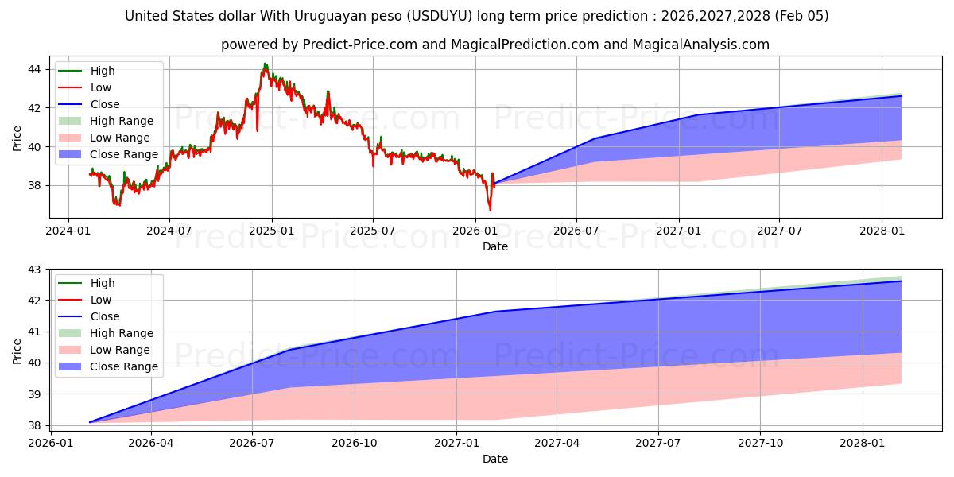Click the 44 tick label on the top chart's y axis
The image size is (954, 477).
pyautogui.click(x=34, y=69)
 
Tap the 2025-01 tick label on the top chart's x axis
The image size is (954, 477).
pyautogui.click(x=271, y=231)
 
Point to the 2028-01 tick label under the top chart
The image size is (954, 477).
pyautogui.click(x=881, y=231)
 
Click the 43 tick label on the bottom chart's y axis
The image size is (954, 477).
pyautogui.click(x=34, y=270)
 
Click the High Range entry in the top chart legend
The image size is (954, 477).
pyautogui.click(x=122, y=121)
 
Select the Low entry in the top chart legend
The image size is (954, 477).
pyautogui.click(x=101, y=87)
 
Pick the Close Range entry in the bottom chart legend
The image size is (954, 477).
pyautogui.click(x=124, y=366)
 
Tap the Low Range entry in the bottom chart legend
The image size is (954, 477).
pyautogui.click(x=120, y=350)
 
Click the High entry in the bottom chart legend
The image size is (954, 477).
pyautogui.click(x=103, y=283)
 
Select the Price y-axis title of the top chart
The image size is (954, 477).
pyautogui.click(x=17, y=138)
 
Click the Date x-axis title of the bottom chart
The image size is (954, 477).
pyautogui.click(x=495, y=459)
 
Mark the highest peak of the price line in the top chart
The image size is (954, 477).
pyautogui.click(x=265, y=64)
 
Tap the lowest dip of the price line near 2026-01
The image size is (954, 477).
pyautogui.click(x=490, y=211)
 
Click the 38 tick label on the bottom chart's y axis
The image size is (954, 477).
pyautogui.click(x=34, y=425)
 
